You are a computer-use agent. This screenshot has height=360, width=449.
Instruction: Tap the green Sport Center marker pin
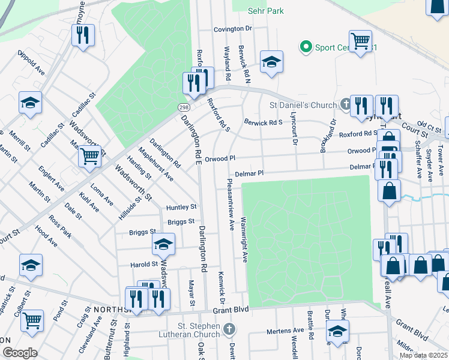click(306, 46)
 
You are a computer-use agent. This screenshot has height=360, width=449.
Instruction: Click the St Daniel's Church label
click(303, 106)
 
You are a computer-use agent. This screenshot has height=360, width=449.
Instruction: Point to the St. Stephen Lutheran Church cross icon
click(228, 329)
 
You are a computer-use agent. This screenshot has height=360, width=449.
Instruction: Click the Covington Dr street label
click(233, 29)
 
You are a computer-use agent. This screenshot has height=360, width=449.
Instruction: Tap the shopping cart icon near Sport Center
click(360, 41)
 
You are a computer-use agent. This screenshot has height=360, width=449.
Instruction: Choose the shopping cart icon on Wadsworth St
click(90, 157)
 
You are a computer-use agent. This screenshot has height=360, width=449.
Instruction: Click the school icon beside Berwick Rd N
click(271, 61)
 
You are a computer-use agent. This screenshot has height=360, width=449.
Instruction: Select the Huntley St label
click(182, 207)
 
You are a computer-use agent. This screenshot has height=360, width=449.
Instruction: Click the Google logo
click(20, 353)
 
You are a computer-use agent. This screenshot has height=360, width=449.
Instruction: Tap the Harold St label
click(144, 264)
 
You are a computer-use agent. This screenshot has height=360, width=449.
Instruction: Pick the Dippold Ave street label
click(31, 62)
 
